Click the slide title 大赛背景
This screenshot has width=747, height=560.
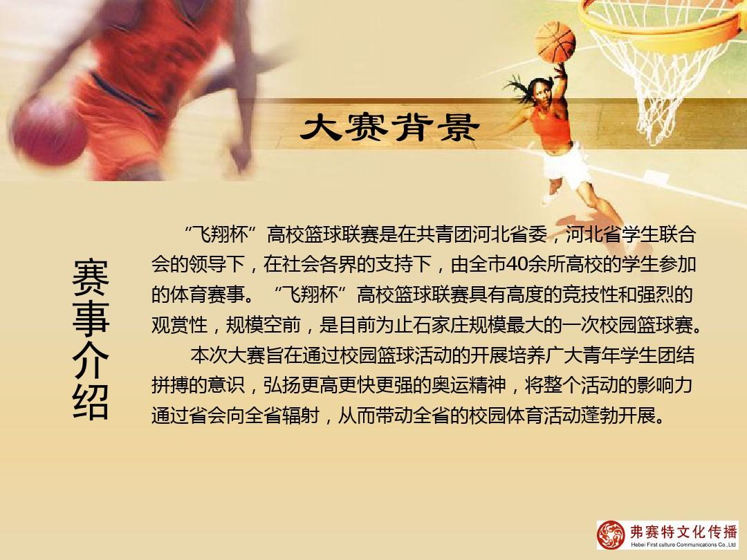click(390, 127)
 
